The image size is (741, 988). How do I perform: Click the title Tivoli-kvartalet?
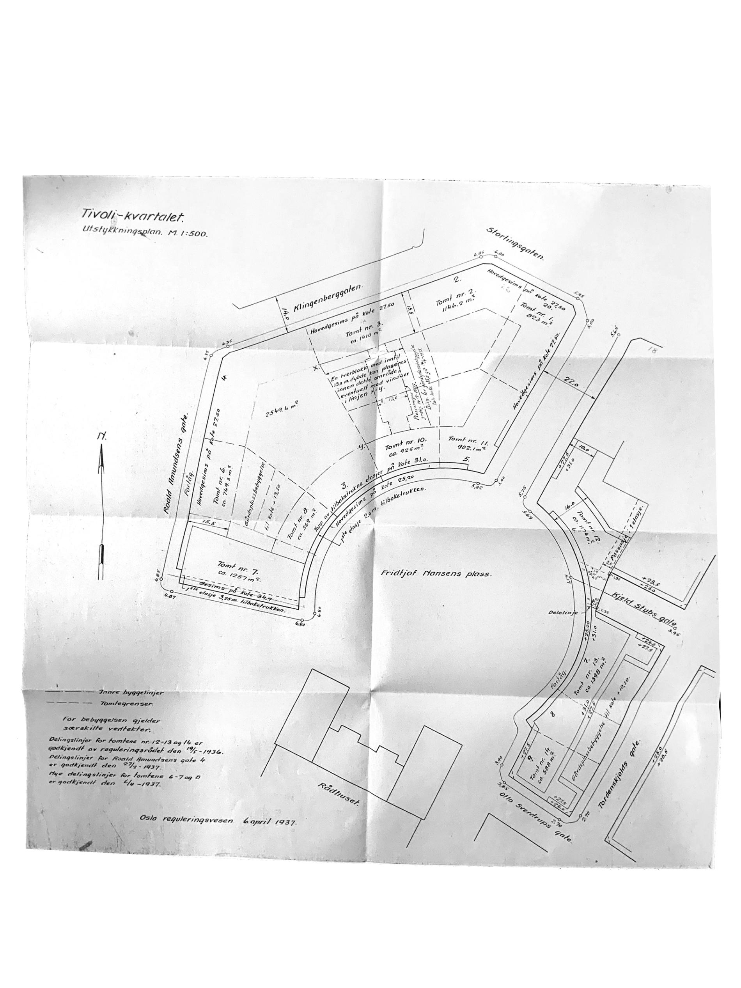[x=133, y=216]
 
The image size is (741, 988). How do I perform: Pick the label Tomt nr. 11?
[x=470, y=440]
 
